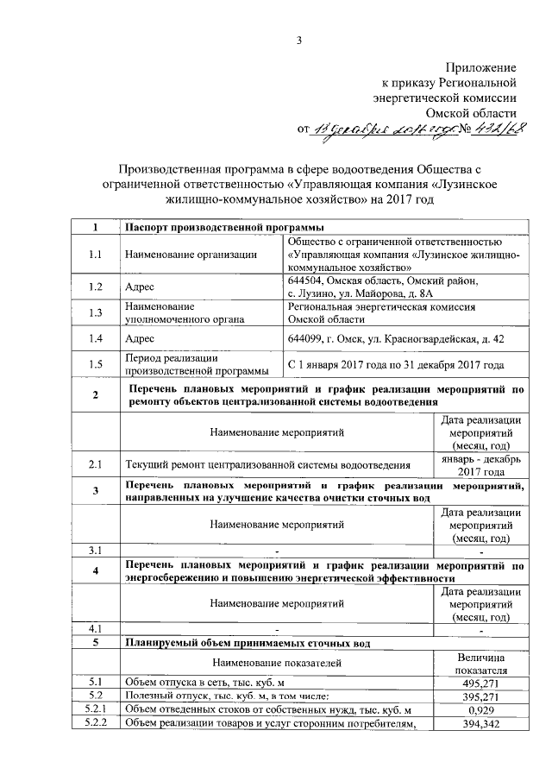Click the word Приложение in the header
click(x=480, y=67)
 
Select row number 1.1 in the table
click(x=95, y=255)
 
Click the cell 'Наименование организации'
click(x=191, y=255)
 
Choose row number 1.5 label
click(x=95, y=365)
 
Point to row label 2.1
click(x=95, y=465)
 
